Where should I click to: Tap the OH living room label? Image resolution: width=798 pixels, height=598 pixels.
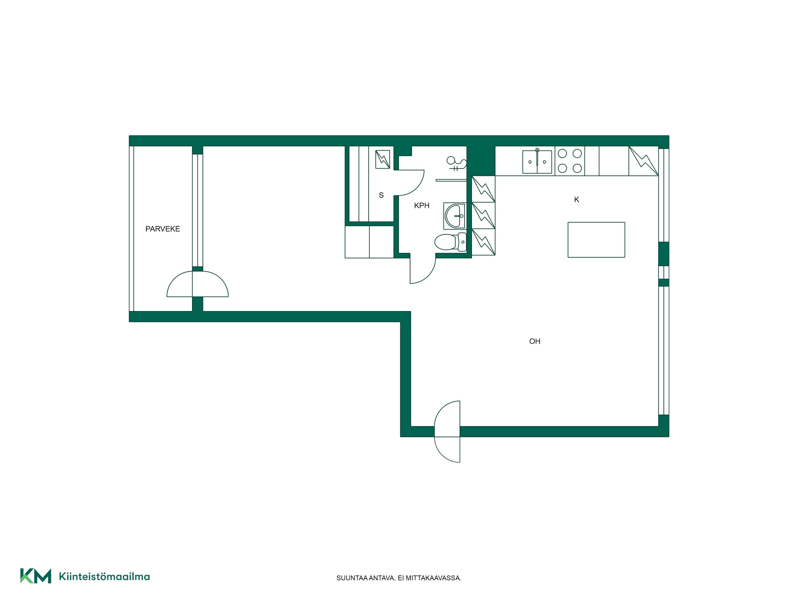point(535,341)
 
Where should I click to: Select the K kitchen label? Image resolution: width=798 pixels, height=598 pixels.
point(577,200)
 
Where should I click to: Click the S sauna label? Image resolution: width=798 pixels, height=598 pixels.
point(381,195)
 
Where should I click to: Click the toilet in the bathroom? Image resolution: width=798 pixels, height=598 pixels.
point(451,242)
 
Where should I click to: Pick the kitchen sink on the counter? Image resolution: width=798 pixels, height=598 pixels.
point(537,161)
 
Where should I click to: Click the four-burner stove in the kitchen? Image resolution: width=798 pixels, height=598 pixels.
point(570,161)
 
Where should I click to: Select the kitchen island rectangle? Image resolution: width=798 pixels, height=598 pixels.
point(596,240)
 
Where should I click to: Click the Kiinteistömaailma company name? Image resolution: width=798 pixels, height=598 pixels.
point(104,576)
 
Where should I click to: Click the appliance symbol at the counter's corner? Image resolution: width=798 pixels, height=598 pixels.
point(644,161)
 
